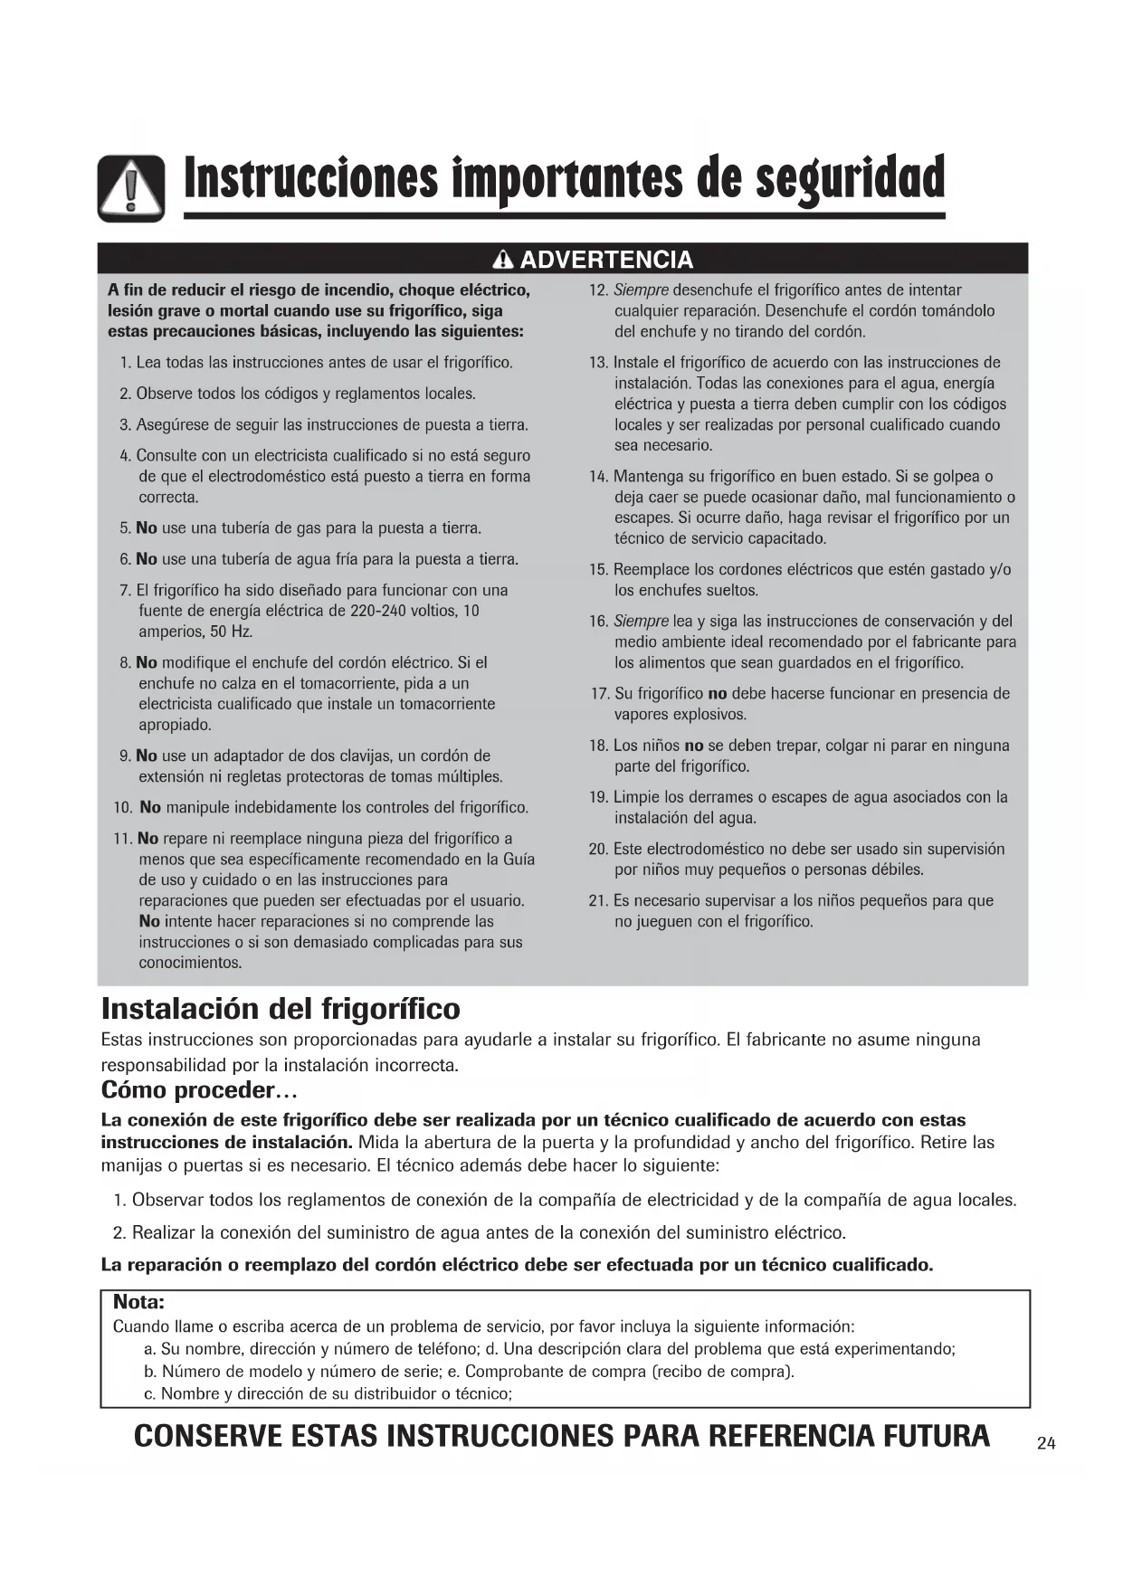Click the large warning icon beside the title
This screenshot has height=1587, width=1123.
pyautogui.click(x=131, y=188)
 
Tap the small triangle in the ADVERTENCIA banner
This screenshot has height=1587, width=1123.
pyautogui.click(x=504, y=261)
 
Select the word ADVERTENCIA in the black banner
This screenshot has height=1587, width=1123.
pyautogui.click(x=606, y=261)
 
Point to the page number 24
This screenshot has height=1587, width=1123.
pyautogui.click(x=1046, y=1443)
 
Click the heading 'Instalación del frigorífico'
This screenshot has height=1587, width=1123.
pyautogui.click(x=281, y=1009)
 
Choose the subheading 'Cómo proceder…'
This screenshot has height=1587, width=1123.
pyautogui.click(x=199, y=1089)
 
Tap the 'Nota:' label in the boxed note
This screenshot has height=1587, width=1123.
pyautogui.click(x=138, y=1302)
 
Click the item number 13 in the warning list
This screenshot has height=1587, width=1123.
pyautogui.click(x=598, y=363)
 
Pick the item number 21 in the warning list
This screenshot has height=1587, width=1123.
pyautogui.click(x=598, y=901)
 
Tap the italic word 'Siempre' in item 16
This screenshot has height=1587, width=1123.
pyautogui.click(x=641, y=622)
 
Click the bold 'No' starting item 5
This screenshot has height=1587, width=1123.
pyautogui.click(x=147, y=528)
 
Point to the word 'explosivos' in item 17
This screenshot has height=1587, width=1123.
pyautogui.click(x=709, y=715)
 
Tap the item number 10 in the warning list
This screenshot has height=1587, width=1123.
pyautogui.click(x=123, y=808)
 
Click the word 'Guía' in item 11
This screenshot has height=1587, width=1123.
pyautogui.click(x=519, y=860)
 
